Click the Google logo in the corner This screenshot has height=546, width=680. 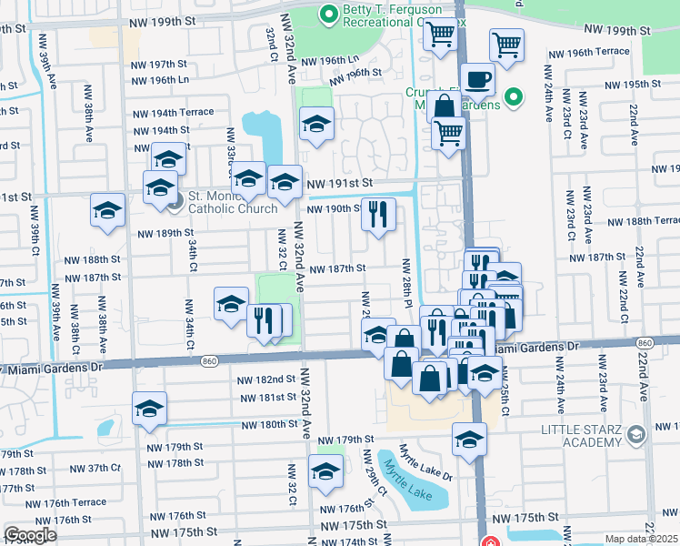[x=31, y=535]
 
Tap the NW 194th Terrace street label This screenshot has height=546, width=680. [x=173, y=114]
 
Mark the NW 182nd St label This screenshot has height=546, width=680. [x=265, y=379]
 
